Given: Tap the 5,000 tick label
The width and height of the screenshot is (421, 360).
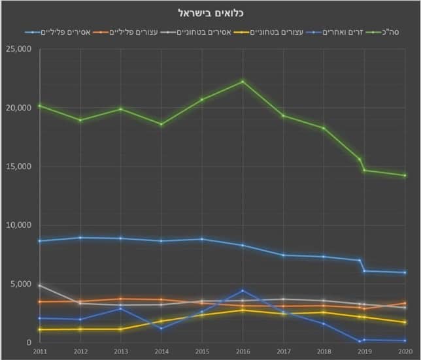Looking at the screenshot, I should tap(19, 284).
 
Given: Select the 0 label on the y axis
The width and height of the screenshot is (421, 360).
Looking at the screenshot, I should tap(28, 342).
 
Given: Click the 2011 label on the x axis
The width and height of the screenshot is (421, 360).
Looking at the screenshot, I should tap(39, 351).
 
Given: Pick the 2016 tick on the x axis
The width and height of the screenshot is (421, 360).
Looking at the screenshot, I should tap(243, 351).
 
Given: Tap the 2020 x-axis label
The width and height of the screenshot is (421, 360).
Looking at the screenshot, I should tap(405, 351).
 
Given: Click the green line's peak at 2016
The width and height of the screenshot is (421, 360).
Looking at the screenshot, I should tap(243, 82).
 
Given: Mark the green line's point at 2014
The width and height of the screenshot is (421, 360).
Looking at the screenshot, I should tap(161, 124).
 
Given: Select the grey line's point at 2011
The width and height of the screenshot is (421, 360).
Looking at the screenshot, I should tap(39, 286).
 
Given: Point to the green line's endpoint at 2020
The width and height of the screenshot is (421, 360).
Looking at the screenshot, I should tap(405, 175).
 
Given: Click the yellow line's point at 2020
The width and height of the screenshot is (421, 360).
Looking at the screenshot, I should tap(405, 323).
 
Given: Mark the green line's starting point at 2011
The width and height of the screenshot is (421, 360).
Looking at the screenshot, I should tap(39, 105).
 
